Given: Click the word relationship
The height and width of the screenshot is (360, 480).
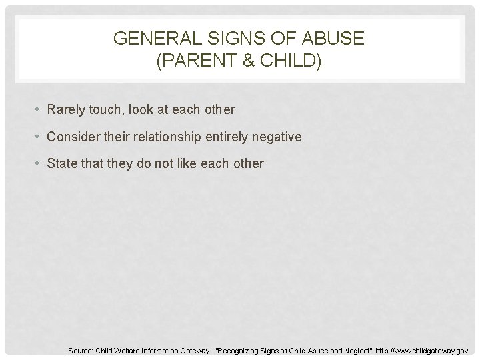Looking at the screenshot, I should click(x=164, y=137).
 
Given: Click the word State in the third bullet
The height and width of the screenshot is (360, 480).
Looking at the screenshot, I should click(x=61, y=163).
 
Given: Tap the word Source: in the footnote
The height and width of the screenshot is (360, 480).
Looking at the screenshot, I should click(x=81, y=349).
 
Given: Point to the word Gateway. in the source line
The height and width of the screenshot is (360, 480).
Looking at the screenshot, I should click(x=190, y=349).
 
